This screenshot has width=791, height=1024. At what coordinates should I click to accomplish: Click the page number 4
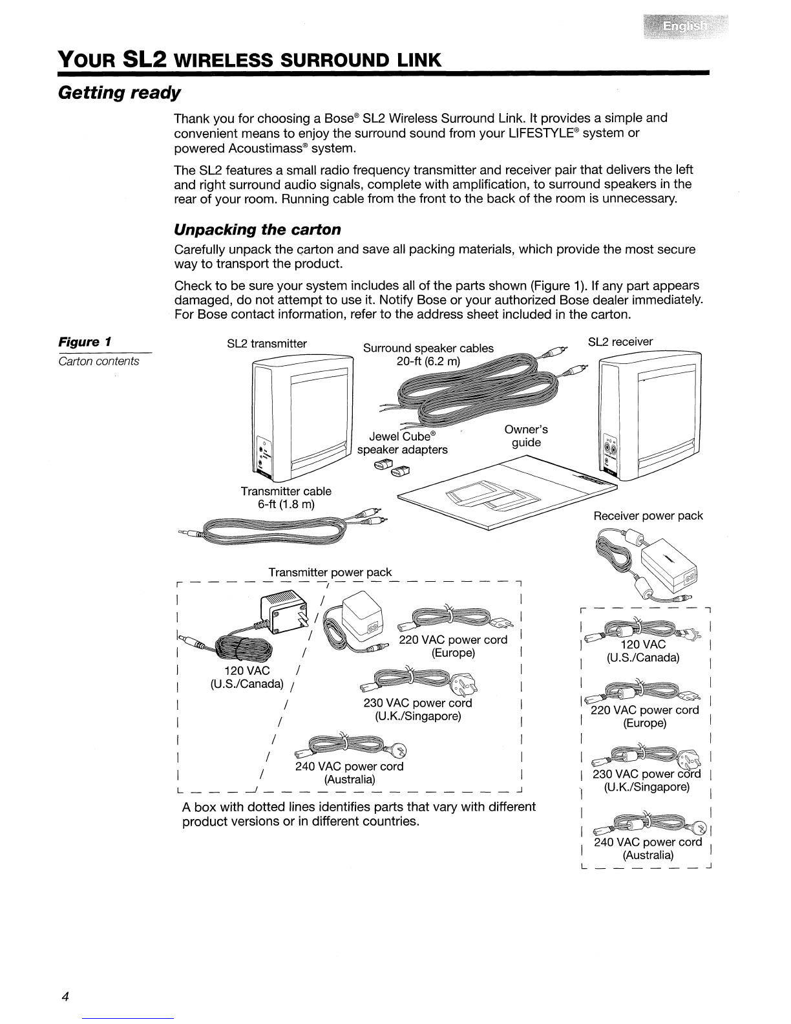65,996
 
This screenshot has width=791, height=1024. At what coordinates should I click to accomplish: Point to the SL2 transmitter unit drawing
301,421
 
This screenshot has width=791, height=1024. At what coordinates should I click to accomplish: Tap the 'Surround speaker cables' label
428,348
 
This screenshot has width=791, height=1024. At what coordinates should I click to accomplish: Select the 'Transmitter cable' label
286,491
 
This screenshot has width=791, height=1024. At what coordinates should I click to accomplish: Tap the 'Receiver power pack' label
648,516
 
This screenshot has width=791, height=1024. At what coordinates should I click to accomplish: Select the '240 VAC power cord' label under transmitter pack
349,767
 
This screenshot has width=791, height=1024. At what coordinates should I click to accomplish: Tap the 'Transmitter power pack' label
330,572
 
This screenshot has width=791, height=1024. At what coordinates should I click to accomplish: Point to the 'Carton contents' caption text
99,361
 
